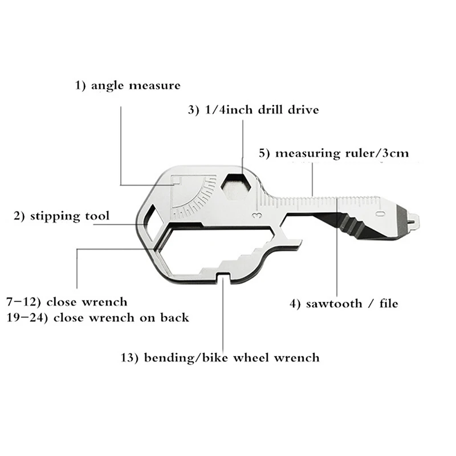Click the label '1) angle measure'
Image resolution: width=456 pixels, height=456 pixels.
click(x=128, y=85)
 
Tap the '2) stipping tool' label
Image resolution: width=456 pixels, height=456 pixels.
click(x=62, y=216)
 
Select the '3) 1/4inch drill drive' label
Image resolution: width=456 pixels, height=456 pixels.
click(x=253, y=109)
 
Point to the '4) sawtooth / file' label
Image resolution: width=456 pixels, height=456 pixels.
click(x=343, y=303)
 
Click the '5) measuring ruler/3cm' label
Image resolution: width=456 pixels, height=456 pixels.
click(x=333, y=153)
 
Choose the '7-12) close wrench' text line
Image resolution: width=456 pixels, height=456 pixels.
click(x=67, y=301)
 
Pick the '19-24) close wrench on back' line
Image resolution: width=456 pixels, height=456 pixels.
click(x=97, y=317)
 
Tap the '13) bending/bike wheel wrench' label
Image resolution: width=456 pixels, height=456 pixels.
click(x=220, y=358)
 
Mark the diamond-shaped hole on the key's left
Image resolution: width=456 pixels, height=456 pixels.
click(x=153, y=223)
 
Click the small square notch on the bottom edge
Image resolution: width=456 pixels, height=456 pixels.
click(x=223, y=278)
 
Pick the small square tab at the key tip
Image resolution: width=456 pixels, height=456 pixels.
click(x=413, y=220)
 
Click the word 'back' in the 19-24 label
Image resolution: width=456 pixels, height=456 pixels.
click(x=173, y=317)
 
